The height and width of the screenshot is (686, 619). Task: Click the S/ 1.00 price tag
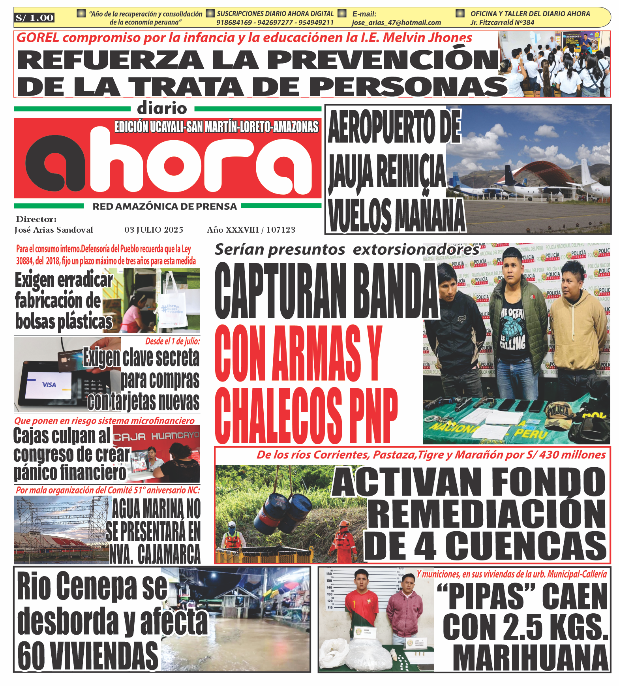(x=34, y=18)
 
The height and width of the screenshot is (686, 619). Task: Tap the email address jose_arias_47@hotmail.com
(x=396, y=23)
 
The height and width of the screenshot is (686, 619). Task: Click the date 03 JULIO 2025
(x=154, y=230)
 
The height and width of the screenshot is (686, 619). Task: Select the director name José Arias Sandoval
(x=54, y=230)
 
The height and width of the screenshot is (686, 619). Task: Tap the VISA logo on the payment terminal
(x=49, y=384)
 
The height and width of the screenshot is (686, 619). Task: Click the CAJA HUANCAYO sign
(x=156, y=436)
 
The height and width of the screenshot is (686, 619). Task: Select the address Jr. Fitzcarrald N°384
(x=502, y=23)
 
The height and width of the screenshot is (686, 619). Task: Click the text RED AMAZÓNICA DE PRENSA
(x=165, y=207)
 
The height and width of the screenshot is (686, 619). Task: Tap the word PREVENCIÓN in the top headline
(x=383, y=60)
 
